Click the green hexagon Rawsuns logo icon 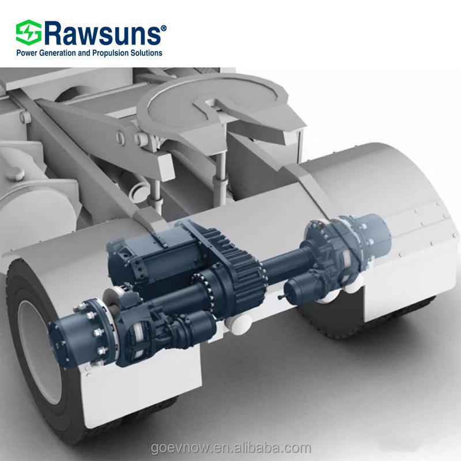click(28, 32)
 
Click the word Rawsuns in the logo click(102, 33)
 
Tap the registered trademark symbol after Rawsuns click(164, 28)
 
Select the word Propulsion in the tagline click(110, 53)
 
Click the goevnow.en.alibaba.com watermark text click(231, 448)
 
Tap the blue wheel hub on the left click(80, 334)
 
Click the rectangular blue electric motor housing click(156, 259)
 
